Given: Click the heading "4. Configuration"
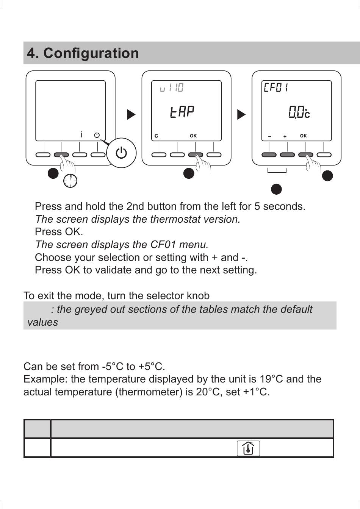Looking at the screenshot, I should (83, 53).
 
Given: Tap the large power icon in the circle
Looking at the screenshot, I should (121, 153).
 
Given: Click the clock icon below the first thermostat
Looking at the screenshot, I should (70, 181).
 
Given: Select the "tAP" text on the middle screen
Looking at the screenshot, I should (182, 112).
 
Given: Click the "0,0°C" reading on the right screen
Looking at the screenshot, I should (299, 112).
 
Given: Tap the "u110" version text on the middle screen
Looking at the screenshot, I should (172, 88).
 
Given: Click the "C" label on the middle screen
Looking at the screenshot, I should (156, 136).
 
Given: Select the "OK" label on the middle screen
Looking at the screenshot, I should (193, 136).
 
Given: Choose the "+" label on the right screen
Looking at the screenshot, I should (285, 136).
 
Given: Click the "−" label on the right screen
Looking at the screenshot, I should (269, 136).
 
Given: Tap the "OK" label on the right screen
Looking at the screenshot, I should (303, 136).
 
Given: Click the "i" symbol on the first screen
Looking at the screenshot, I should (81, 134).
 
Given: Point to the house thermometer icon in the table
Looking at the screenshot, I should (248, 448).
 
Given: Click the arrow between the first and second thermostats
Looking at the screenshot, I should (131, 114).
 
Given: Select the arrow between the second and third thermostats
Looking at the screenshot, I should (241, 114).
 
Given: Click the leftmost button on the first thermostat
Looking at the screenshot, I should (43, 155).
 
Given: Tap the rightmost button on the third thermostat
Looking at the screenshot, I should (324, 155).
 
